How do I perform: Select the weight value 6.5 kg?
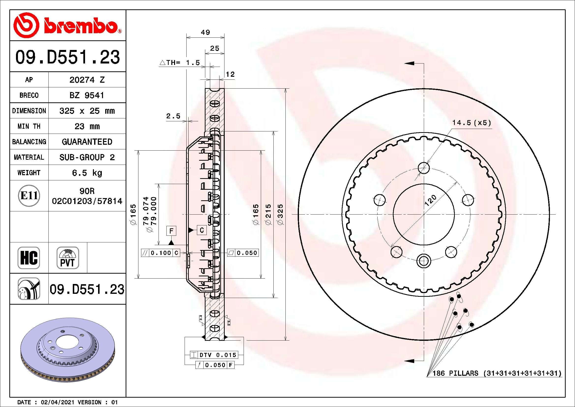[87, 173]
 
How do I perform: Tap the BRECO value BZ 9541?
[87, 95]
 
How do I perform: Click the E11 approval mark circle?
[29, 196]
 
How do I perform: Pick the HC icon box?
[29, 258]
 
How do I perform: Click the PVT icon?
[68, 258]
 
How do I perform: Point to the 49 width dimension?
[205, 32]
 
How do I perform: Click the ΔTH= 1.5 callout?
[180, 63]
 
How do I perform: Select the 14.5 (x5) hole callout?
[471, 123]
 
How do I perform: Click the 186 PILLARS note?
[497, 373]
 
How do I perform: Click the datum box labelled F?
[171, 231]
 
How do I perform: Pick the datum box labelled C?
[202, 230]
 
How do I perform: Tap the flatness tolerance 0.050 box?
[243, 253]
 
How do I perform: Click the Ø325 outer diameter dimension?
[281, 214]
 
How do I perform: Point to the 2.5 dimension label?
[173, 116]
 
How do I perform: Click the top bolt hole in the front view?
[424, 168]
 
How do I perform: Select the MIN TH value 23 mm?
[87, 126]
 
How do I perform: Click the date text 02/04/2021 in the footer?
[57, 402]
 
